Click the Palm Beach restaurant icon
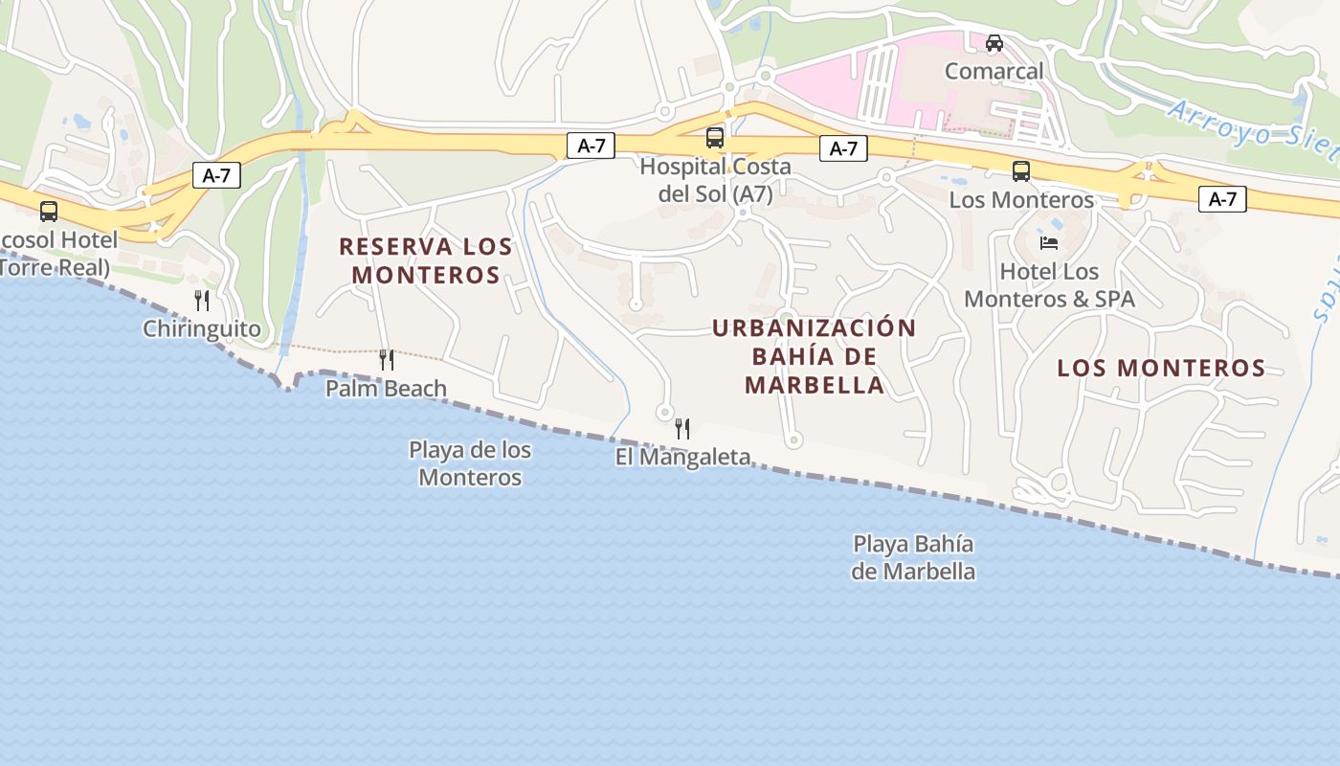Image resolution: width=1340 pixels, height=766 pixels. coord(387,360)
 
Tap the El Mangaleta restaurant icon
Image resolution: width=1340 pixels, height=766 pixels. coord(682,429)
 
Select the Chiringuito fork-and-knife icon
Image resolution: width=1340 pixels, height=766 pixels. coord(202,301)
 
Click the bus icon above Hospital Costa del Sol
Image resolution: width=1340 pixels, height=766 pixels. coord(715,138)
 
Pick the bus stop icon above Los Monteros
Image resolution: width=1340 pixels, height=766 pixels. coord(1021,171)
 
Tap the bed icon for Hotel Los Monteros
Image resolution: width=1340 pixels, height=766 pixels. coord(1049,242)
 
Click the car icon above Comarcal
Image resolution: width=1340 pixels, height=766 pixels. coord(994,43)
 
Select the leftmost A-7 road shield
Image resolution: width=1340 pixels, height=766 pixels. coord(216,175)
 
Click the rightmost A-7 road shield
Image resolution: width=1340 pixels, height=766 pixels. coord(1222,199)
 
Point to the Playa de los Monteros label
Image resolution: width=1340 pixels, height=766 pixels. coord(470,463)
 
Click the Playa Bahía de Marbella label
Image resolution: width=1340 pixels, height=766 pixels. coord(914,557)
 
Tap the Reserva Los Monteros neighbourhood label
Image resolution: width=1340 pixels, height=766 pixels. coord(426,260)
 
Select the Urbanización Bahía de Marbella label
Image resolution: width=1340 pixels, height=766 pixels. coord(815,356)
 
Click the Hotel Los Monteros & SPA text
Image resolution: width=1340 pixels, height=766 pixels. coord(1049,285)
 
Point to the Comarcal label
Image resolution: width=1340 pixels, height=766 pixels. coord(994,71)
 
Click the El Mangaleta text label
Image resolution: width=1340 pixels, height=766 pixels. coord(682,458)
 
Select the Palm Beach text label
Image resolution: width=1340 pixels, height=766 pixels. coord(386,389)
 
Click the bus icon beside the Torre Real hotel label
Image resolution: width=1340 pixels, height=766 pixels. coord(49,212)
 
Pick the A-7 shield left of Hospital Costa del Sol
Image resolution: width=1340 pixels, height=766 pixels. coord(591,146)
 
